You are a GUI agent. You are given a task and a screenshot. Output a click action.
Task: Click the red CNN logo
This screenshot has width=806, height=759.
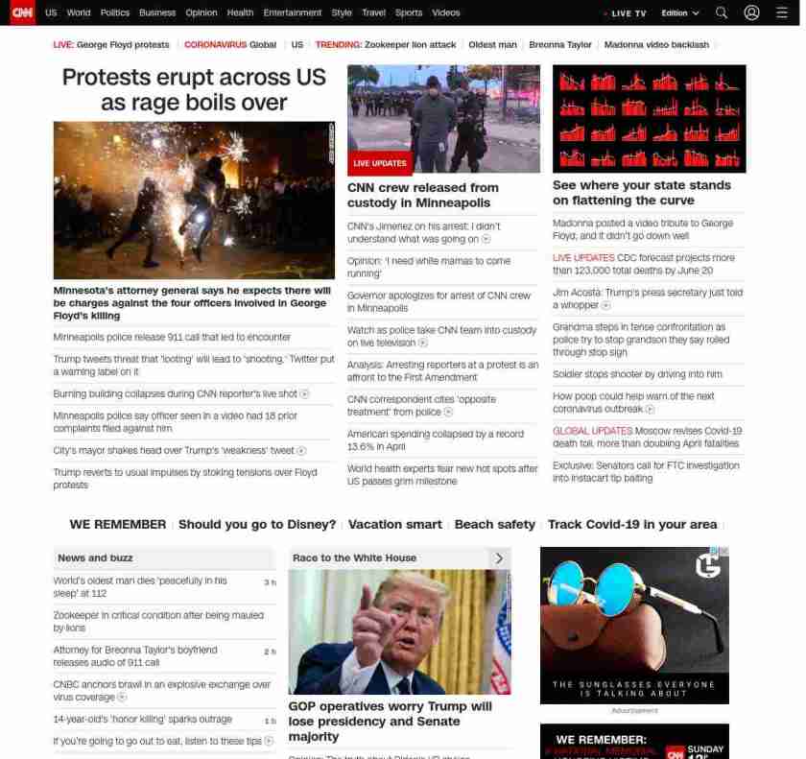[22, 12]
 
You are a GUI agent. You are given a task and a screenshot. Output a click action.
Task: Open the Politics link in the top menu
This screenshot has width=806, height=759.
[114, 13]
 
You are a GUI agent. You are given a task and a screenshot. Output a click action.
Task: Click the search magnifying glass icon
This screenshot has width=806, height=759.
[722, 13]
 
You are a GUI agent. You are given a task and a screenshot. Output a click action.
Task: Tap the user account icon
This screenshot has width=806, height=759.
[751, 13]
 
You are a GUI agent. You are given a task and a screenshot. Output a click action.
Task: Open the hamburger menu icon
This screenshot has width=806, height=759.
[781, 13]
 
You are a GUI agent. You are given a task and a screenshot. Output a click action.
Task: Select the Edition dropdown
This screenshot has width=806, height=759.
[680, 13]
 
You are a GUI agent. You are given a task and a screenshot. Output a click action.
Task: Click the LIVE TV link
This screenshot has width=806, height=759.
[626, 13]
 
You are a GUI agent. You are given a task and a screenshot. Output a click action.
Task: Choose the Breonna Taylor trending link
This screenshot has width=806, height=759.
[560, 45]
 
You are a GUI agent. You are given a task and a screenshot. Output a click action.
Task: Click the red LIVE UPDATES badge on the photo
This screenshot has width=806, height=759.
[380, 163]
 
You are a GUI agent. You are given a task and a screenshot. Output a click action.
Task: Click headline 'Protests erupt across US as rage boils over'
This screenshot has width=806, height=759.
[194, 89]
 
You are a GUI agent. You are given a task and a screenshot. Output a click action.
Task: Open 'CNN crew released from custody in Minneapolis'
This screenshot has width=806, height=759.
[423, 195]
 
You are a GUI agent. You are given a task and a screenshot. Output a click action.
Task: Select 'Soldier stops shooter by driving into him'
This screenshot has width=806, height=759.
[637, 374]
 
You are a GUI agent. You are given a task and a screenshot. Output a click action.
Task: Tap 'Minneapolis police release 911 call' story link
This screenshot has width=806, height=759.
[172, 338]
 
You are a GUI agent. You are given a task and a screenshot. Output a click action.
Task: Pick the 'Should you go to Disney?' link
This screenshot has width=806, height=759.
[257, 525]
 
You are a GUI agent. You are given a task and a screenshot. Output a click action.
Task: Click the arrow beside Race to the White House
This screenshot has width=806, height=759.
[498, 558]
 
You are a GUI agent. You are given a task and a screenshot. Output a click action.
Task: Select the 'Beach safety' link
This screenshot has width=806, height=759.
[494, 525]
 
